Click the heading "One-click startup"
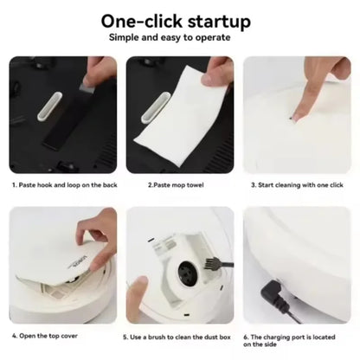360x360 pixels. (176, 22)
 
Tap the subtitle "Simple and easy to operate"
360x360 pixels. (170, 37)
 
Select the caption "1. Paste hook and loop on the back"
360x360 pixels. (65, 185)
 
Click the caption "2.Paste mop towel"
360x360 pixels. (176, 185)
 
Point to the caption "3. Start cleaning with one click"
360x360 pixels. (297, 185)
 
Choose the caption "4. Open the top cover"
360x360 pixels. (45, 336)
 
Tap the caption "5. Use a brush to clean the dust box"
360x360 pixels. (177, 337)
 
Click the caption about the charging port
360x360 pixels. (289, 341)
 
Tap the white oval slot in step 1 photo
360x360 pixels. (50, 106)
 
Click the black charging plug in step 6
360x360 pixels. (273, 293)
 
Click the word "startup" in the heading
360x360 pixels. (219, 22)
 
